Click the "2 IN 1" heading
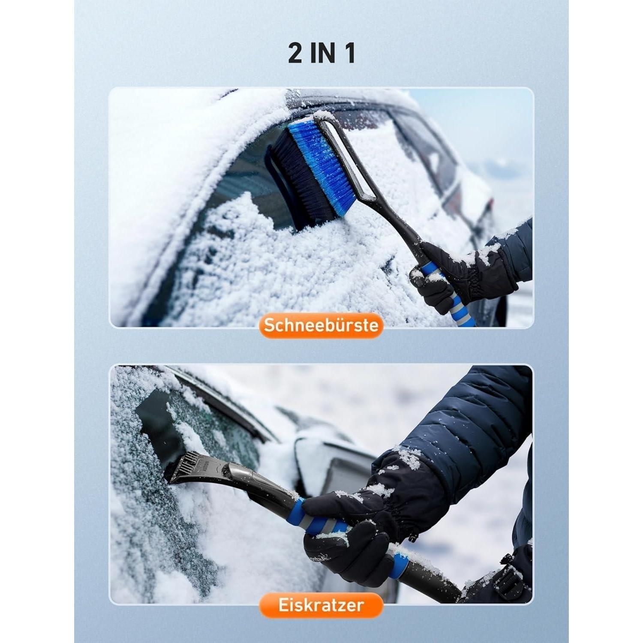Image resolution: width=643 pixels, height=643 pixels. click(321, 54)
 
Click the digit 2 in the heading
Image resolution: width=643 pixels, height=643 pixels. click(295, 54)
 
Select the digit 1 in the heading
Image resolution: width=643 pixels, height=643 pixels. click(350, 54)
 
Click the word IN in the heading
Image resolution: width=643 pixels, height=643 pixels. click(324, 54)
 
